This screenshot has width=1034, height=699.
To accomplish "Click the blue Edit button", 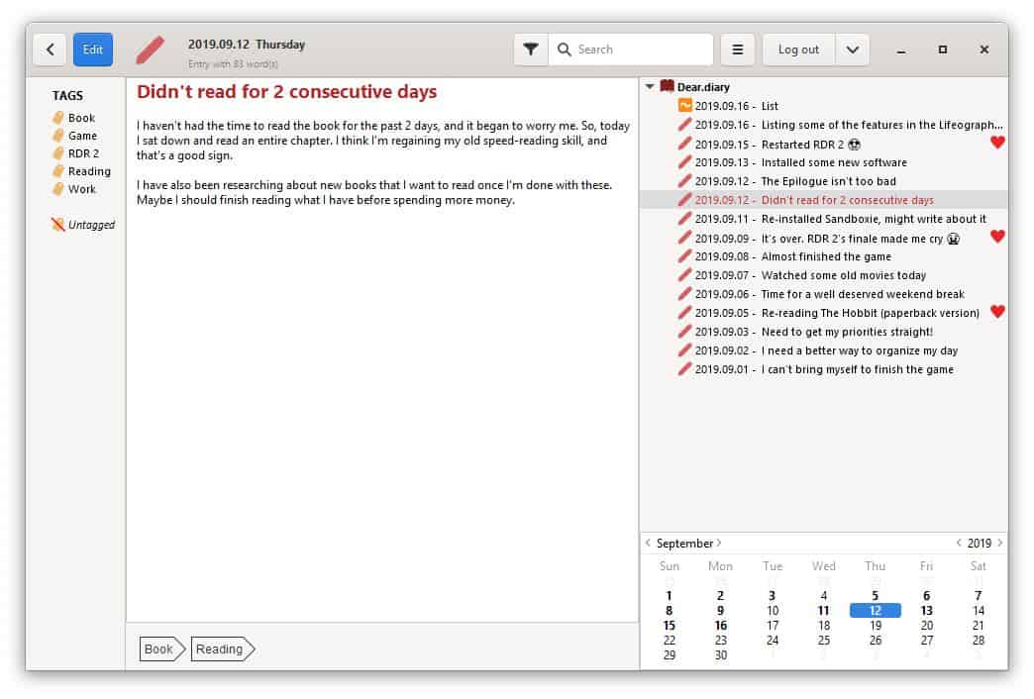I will coord(93,50).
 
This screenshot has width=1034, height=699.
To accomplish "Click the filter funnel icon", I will coord(531,50).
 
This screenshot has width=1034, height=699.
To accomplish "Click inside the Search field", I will coord(634,50).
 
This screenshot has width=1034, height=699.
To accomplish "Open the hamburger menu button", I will coord(737,50).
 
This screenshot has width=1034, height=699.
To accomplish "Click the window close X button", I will coord(983,50).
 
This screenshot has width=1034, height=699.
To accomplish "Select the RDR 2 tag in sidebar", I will coord(83,153).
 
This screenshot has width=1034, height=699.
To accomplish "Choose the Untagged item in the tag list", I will coord(91,225).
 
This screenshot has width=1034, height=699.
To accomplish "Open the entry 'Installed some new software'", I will coord(833,162).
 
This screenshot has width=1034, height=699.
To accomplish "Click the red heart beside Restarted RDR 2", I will coord(997,143).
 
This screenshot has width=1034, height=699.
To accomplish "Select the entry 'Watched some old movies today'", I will coord(843,275).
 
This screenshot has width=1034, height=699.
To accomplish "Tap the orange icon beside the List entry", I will coord(684,105).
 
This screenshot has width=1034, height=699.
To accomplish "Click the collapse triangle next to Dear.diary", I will coord(650,87).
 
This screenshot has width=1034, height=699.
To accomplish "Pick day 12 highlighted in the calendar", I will coord(876,611).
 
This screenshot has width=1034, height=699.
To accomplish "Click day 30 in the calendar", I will coord(721,655).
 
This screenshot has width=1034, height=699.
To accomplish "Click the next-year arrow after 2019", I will coord(999,543).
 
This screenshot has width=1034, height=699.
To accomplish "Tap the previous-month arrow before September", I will coord(649,543).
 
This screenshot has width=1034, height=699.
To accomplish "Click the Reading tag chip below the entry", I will coord(221,649).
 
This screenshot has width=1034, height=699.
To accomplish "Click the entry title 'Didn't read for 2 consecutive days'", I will coord(286,92).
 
